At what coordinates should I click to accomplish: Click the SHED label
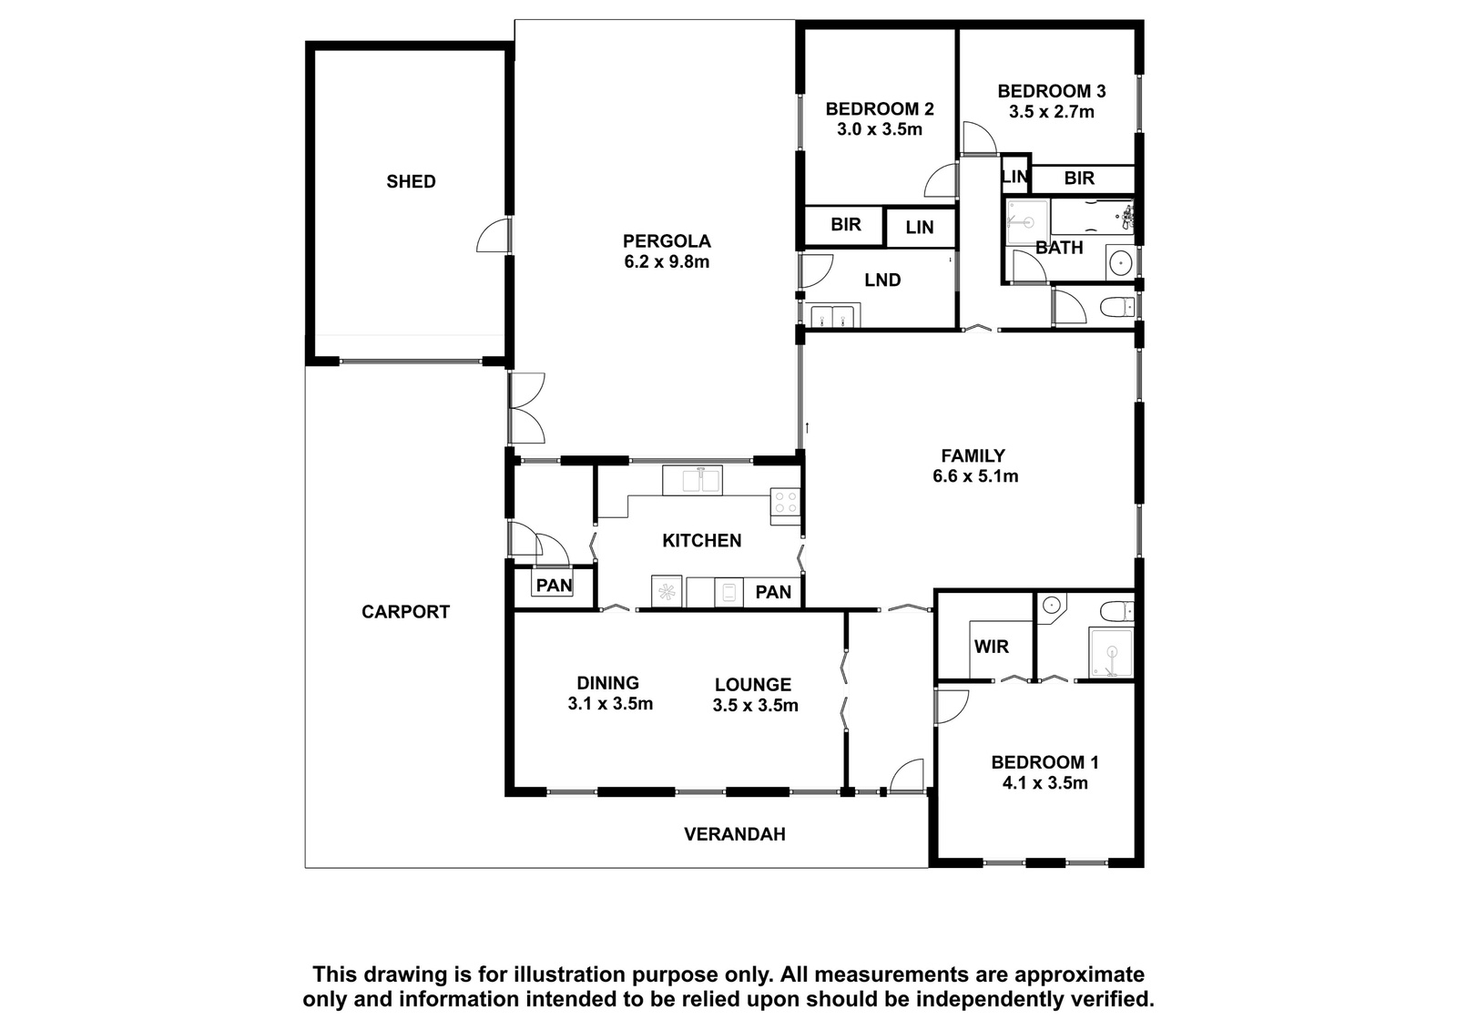[411, 181]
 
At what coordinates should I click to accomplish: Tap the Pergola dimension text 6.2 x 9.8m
[667, 262]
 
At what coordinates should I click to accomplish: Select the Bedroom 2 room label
[880, 108]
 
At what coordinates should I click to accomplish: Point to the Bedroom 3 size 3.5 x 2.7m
[1052, 112]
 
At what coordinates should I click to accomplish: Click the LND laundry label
[882, 280]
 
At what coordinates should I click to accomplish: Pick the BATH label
[1059, 248]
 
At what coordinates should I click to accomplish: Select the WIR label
[992, 647]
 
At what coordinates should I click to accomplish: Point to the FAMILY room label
[973, 455]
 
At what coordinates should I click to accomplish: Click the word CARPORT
[405, 612]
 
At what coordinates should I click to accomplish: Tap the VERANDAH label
[734, 834]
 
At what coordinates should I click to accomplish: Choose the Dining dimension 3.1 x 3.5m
[610, 704]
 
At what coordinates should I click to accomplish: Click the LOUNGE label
[753, 685]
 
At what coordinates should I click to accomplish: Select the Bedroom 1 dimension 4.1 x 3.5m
[1044, 783]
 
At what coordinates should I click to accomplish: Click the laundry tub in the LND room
[833, 315]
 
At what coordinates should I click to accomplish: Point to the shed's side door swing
[493, 236]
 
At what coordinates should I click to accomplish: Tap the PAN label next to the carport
[555, 586]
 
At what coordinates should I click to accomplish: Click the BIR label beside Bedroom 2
[846, 224]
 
